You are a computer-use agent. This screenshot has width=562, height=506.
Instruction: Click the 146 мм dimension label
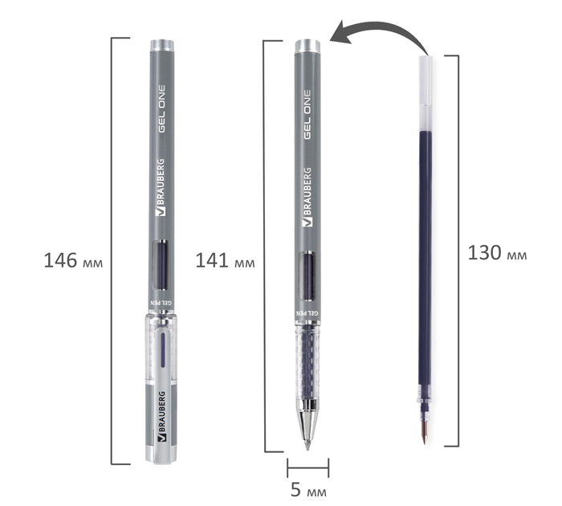pos(73,261)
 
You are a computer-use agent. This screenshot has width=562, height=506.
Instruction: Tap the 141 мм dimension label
pos(225,261)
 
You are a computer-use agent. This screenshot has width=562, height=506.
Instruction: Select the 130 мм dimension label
pos(498,253)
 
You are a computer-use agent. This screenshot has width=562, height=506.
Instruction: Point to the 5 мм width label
pos(308,490)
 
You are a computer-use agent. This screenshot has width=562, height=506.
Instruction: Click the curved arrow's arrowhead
pos(340,32)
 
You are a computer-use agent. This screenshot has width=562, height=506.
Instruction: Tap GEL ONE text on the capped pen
pos(161,109)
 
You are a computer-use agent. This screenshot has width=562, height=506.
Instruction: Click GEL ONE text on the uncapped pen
pos(307,115)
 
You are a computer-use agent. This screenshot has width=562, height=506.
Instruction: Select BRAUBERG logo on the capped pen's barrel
pos(161,187)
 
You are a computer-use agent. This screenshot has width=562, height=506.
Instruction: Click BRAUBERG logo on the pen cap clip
pos(161,416)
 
